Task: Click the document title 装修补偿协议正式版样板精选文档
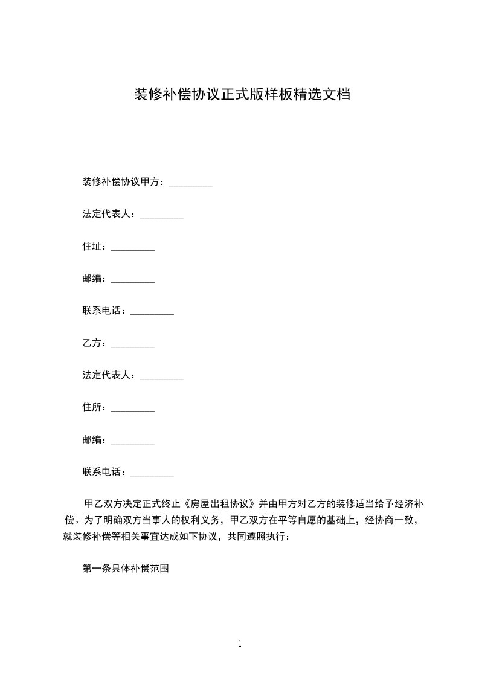tap(241, 95)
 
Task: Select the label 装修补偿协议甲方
tap(123, 182)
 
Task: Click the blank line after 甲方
tap(191, 183)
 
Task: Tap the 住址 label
tap(94, 247)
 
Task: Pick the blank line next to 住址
tap(133, 248)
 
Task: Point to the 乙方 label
tap(94, 343)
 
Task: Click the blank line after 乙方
tap(133, 345)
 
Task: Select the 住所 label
tap(94, 408)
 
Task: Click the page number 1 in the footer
tap(240, 644)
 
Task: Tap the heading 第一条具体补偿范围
tap(125, 569)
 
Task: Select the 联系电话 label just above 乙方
tap(104, 311)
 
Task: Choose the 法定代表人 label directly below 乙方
tap(109, 376)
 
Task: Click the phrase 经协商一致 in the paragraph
tap(389, 520)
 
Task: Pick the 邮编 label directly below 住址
tap(94, 279)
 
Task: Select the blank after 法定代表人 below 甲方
tap(162, 216)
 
